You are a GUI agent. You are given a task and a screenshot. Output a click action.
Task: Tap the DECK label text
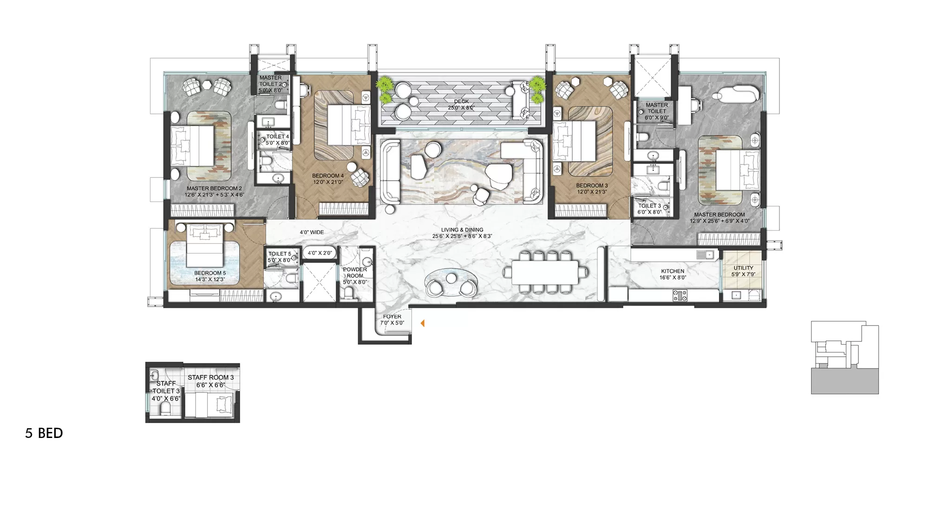(x=461, y=101)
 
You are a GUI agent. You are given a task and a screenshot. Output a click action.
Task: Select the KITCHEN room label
(x=673, y=271)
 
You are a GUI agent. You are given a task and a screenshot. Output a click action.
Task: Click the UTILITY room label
(x=743, y=268)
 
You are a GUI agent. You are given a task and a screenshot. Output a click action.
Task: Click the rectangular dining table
(x=545, y=273)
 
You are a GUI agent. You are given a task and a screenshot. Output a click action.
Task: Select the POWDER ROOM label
(x=355, y=273)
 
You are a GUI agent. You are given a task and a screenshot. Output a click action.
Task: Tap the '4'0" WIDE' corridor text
(x=312, y=232)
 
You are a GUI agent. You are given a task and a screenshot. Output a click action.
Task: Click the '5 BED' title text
(x=44, y=433)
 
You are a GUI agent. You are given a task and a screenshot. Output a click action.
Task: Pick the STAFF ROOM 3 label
(x=210, y=378)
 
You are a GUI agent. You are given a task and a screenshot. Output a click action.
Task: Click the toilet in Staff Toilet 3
(x=165, y=409)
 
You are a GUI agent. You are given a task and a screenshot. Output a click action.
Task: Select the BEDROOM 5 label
(x=209, y=273)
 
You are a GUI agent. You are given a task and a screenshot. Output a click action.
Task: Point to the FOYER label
(x=392, y=317)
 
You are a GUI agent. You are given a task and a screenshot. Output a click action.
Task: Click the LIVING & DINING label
(x=462, y=230)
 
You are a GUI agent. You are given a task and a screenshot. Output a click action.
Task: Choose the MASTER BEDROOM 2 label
(x=214, y=189)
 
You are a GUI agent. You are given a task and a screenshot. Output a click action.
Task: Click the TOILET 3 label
(x=649, y=206)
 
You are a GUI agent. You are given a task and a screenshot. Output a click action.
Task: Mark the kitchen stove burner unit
(x=680, y=295)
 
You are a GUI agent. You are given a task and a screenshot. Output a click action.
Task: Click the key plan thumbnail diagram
(x=844, y=357)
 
